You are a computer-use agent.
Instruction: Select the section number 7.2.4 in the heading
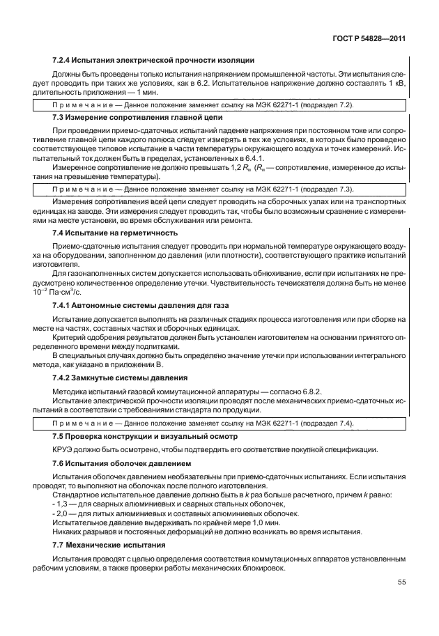[x=63, y=61]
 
